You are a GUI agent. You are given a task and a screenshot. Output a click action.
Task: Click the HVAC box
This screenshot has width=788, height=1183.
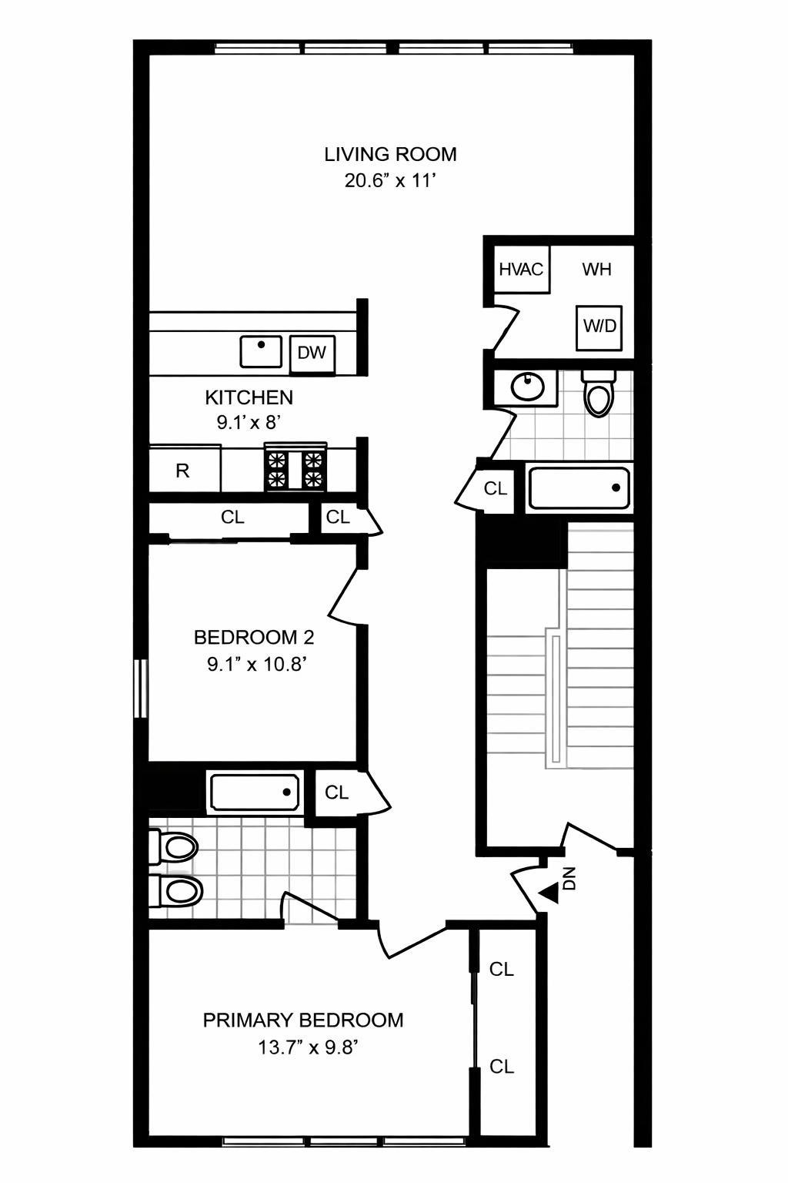[521, 270]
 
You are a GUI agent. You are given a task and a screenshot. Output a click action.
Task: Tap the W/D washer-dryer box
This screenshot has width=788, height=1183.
[599, 326]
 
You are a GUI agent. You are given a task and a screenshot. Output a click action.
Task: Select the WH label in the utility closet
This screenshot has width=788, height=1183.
[596, 270]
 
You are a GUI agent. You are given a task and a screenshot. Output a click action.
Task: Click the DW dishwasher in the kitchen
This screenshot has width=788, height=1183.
[312, 354]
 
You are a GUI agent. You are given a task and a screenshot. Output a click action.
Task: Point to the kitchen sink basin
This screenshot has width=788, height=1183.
[261, 352]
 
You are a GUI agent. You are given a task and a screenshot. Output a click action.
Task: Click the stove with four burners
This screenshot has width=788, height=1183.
[295, 468]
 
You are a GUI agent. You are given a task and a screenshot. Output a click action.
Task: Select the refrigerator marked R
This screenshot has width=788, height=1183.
[183, 470]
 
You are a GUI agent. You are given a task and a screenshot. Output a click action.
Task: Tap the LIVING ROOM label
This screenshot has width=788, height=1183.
[390, 154]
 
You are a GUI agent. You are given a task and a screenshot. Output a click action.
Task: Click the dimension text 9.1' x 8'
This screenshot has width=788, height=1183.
[249, 422]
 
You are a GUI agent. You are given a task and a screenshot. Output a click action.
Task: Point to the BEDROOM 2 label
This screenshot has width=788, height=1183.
[253, 638]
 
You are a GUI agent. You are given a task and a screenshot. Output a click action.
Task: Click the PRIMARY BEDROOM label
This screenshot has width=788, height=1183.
[302, 1020]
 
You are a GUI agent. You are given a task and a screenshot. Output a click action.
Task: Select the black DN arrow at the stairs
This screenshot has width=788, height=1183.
[549, 893]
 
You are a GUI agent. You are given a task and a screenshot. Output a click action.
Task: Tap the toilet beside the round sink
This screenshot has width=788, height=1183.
[599, 393]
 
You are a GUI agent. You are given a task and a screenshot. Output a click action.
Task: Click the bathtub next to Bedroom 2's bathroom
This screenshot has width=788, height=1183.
[254, 793]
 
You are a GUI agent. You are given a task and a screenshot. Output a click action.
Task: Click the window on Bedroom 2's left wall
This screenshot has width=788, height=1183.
[140, 689]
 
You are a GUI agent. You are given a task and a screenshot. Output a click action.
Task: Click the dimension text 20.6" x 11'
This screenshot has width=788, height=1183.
[391, 182]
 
